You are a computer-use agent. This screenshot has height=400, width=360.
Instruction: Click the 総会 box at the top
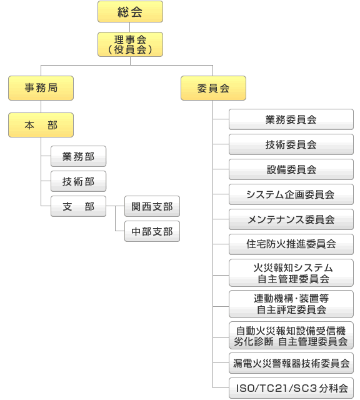click(130, 11)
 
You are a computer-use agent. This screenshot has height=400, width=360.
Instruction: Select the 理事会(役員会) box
click(130, 44)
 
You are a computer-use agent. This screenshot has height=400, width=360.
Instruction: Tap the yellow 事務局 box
click(41, 88)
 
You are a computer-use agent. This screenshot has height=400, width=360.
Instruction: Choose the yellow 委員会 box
click(213, 88)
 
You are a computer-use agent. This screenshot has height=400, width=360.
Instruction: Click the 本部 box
click(41, 125)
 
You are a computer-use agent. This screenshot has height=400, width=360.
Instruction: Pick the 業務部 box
click(78, 156)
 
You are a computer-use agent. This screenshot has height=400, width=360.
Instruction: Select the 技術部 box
click(78, 181)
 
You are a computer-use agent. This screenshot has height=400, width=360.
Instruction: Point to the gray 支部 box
click(78, 206)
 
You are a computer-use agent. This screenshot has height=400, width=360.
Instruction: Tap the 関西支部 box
click(152, 206)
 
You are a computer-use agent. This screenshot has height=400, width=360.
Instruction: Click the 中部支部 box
click(152, 231)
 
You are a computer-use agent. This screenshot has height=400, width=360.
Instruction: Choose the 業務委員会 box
click(291, 119)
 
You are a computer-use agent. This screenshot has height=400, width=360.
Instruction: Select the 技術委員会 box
click(291, 144)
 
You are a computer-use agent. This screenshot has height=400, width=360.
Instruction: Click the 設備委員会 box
click(291, 169)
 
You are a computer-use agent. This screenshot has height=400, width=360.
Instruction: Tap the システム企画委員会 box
click(291, 194)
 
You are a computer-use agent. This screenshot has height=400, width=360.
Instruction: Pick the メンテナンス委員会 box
click(291, 219)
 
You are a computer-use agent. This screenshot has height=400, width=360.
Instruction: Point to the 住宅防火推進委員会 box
click(291, 244)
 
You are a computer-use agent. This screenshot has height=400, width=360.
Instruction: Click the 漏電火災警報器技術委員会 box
click(291, 363)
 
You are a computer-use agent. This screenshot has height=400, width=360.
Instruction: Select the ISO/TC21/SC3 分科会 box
click(291, 388)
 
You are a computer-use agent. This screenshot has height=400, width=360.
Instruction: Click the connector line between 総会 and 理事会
click(130, 27)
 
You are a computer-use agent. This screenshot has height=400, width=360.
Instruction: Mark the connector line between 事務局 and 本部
click(41, 107)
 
